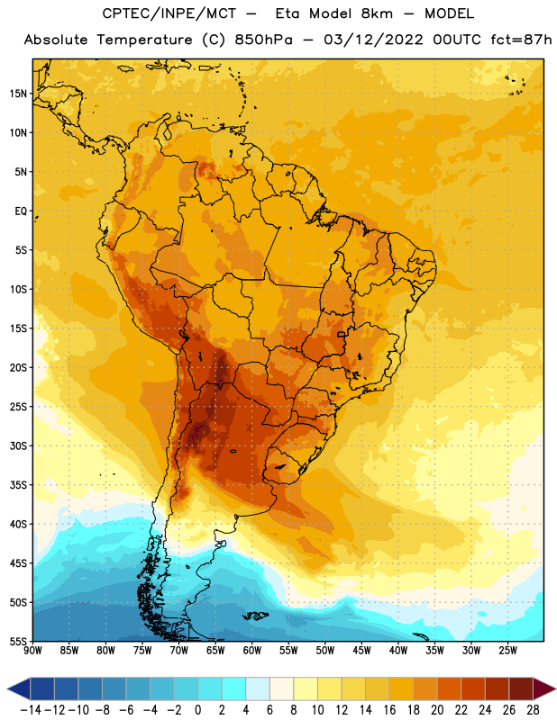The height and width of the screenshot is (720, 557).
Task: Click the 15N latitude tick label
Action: click(x=18, y=94)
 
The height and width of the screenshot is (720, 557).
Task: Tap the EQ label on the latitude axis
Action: click(x=21, y=211)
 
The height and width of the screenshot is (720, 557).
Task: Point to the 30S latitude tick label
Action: click(x=18, y=445)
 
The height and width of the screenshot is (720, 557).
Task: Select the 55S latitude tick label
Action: click(x=18, y=641)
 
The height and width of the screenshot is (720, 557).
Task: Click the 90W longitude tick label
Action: click(x=33, y=651)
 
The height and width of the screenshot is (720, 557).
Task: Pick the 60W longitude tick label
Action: click(x=252, y=651)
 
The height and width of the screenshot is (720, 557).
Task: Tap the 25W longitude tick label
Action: click(x=507, y=651)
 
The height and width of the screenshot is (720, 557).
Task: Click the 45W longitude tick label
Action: click(x=361, y=651)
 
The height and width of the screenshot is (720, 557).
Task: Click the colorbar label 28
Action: click(x=533, y=710)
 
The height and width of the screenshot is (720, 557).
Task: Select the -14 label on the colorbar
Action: click(x=31, y=710)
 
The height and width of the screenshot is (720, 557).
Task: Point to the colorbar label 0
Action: click(x=197, y=710)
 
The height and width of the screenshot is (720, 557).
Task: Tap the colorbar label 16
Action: click(x=389, y=710)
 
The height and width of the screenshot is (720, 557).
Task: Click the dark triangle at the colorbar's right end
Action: click(x=543, y=688)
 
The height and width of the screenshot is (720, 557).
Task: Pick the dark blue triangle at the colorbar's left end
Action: click(x=19, y=688)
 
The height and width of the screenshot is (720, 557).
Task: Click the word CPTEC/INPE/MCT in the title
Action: click(x=169, y=13)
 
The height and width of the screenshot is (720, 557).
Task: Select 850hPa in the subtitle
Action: click(x=263, y=40)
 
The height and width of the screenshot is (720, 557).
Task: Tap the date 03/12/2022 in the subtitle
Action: click(x=373, y=40)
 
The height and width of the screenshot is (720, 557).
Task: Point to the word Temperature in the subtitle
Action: click(x=144, y=40)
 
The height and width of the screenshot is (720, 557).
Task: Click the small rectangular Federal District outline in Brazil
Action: click(x=342, y=334)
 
